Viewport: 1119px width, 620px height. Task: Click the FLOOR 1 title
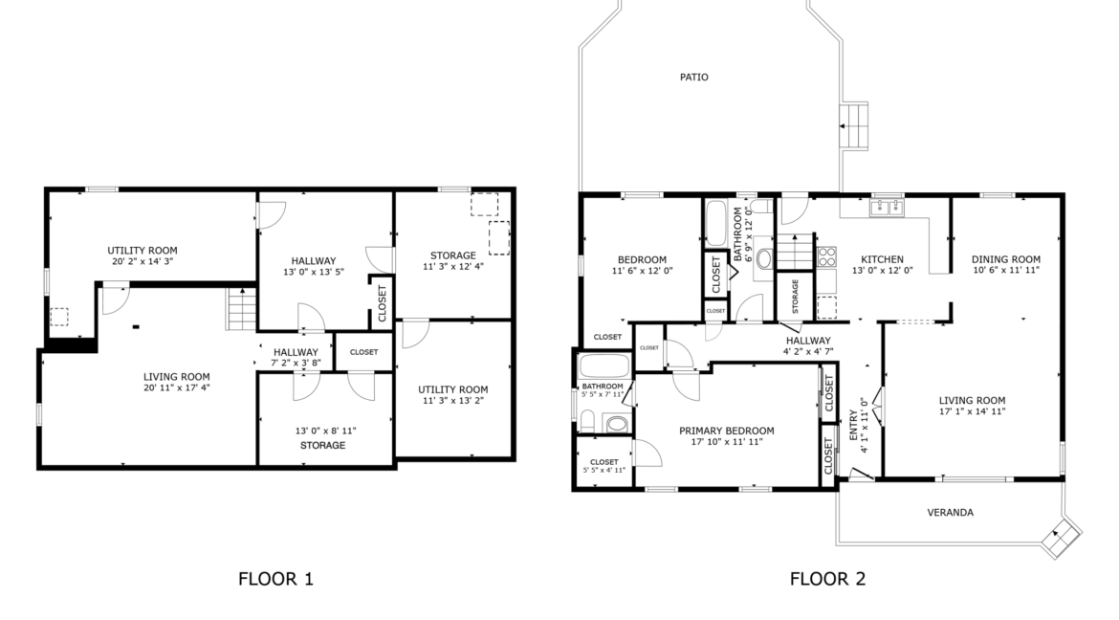[275, 579]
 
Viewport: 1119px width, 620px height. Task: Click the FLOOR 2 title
[827, 579]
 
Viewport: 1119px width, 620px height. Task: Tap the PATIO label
[693, 77]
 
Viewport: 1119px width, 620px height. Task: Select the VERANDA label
[950, 512]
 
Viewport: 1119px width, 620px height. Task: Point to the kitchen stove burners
[826, 256]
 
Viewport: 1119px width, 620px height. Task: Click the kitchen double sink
[887, 207]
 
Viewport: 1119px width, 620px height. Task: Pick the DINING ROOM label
[1005, 259]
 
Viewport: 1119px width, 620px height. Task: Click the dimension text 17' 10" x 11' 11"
[727, 441]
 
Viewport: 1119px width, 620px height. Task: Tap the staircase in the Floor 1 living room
[241, 309]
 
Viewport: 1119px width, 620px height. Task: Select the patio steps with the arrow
[853, 126]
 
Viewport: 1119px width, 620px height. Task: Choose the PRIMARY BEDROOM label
[727, 431]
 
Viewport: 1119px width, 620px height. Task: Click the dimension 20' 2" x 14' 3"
[143, 261]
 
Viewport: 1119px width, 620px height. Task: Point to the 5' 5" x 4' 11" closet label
[603, 470]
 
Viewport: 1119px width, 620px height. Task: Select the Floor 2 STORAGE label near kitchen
[795, 296]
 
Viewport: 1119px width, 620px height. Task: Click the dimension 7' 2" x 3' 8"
[296, 363]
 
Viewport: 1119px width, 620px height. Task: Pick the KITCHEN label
[882, 259]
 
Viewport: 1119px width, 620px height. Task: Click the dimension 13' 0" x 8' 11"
[325, 431]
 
